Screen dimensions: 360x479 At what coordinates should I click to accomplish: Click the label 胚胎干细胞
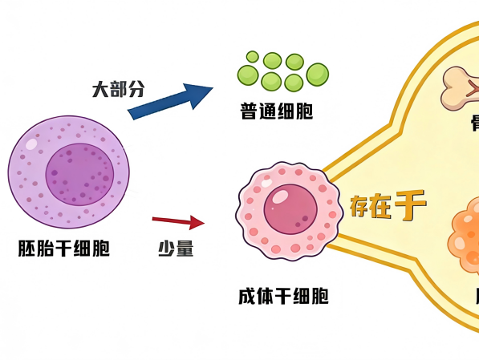tap(63, 249)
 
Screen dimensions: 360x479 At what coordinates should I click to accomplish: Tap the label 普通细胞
tap(276, 110)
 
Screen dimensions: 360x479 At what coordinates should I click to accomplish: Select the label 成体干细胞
tap(283, 296)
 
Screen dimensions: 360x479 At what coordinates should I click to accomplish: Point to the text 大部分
tap(118, 88)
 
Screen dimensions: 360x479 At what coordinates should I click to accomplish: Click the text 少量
tap(175, 249)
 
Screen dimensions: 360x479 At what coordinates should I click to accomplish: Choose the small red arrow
tap(178, 220)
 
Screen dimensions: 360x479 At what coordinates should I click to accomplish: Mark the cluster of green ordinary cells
tap(282, 71)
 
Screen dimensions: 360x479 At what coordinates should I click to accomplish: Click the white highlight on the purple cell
tap(32, 145)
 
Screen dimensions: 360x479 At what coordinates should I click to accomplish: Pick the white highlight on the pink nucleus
tap(281, 195)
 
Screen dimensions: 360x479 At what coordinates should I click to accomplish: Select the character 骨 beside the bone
tap(474, 123)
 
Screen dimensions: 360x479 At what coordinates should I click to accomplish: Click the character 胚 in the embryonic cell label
tap(26, 249)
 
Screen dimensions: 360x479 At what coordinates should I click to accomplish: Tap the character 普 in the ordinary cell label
tap(249, 110)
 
